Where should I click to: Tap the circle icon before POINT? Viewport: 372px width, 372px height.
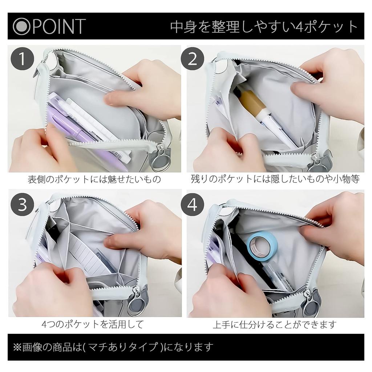[x=21, y=26]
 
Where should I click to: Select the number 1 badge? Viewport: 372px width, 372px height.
[x=22, y=58]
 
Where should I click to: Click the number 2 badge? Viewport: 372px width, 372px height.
[x=192, y=58]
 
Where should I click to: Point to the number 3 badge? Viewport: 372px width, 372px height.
[x=22, y=205]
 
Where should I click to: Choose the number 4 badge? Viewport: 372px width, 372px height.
[x=192, y=205]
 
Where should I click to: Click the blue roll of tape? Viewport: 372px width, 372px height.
[x=262, y=247]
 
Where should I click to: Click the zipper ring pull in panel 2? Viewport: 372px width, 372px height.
[x=316, y=164]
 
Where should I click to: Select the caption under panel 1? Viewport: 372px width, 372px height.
[x=94, y=179]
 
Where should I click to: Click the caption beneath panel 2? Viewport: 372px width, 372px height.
[x=275, y=179]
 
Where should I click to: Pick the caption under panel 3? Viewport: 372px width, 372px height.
[x=93, y=324]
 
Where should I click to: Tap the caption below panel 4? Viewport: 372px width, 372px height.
[x=275, y=324]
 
